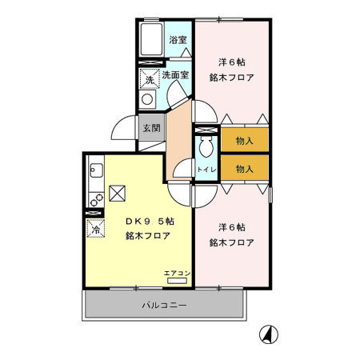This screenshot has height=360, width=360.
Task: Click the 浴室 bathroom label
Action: [177, 38]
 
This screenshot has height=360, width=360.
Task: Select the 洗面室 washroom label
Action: [175, 75]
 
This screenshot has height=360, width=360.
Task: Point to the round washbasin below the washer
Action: [147, 99]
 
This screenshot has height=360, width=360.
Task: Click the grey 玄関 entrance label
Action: [151, 128]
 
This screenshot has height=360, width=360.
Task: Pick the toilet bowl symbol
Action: [205, 147]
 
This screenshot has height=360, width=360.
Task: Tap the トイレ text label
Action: [205, 170]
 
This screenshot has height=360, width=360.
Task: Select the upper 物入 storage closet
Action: [244, 141]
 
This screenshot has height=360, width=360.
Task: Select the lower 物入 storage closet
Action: [244, 168]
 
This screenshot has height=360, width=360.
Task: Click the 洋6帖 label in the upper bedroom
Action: [232, 62]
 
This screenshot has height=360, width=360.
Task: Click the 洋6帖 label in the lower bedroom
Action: [232, 226]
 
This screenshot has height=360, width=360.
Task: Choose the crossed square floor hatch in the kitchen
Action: [118, 193]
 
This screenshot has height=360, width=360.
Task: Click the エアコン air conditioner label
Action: [177, 274]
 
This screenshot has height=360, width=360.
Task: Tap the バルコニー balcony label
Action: [164, 306]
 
